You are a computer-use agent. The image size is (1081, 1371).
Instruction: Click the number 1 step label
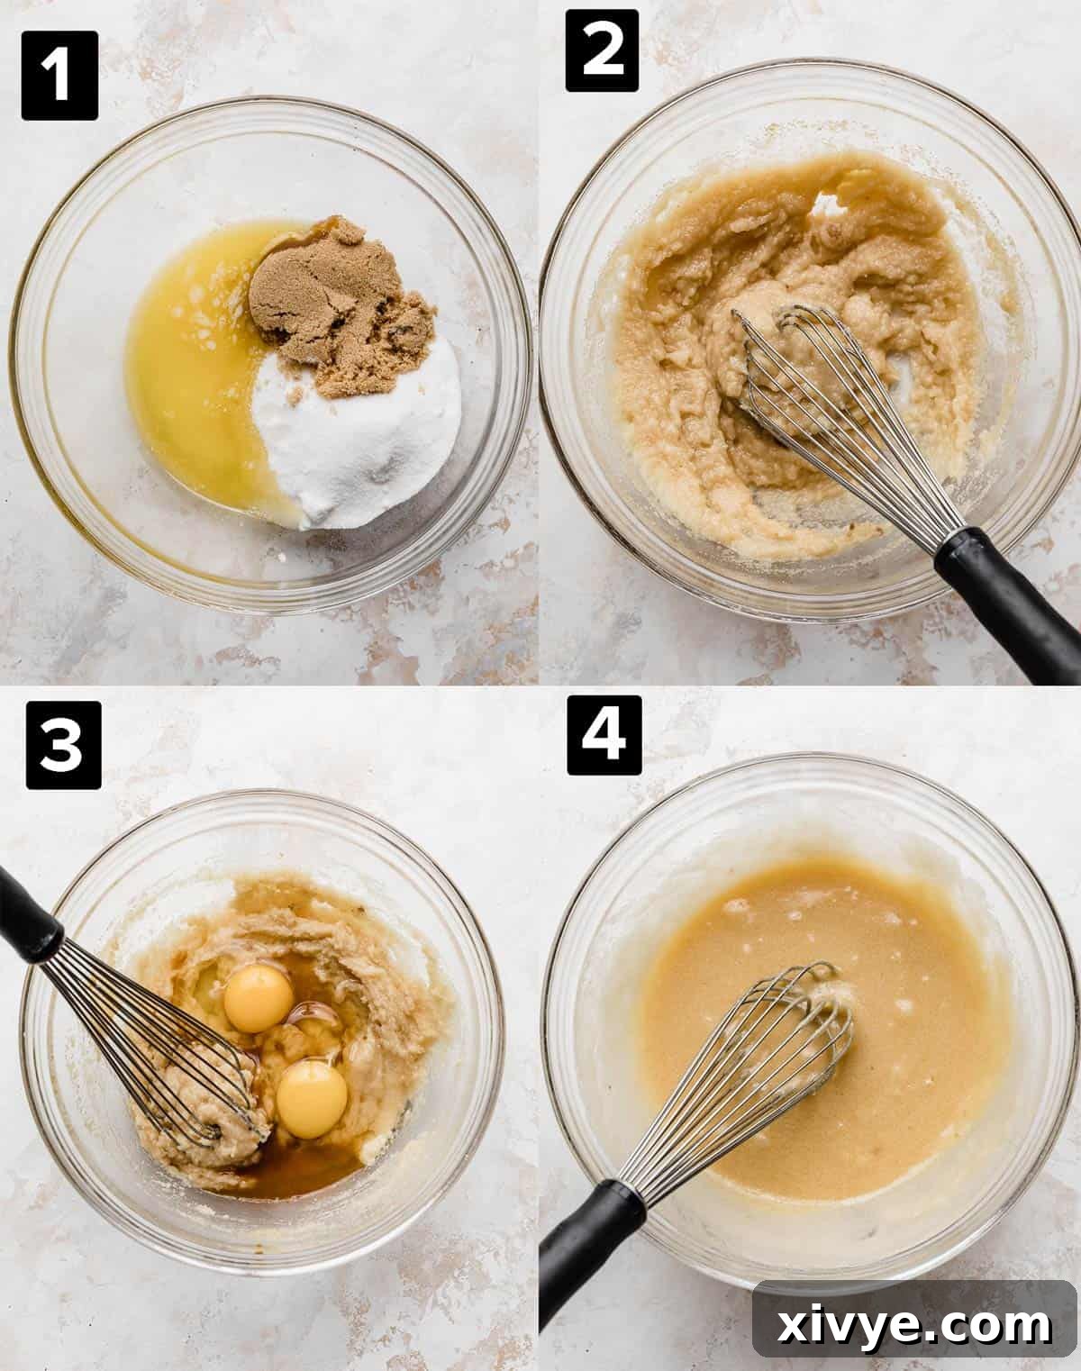[x=59, y=75]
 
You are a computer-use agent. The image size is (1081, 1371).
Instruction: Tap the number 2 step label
[x=602, y=51]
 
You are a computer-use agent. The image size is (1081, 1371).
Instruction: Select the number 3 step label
[x=63, y=745]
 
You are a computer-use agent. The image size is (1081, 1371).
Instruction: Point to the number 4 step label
[x=604, y=734]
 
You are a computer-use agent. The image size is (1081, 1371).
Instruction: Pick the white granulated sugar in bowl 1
[x=360, y=440]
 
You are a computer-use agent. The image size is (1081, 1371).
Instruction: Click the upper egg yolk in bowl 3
[x=259, y=998]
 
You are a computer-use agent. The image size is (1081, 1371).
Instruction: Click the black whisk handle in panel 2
[x=1006, y=602]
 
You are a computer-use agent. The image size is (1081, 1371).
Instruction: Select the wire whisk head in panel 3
[x=153, y=1045]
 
